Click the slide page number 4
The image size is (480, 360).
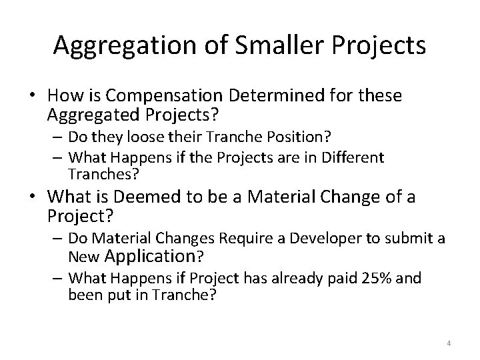449,343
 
